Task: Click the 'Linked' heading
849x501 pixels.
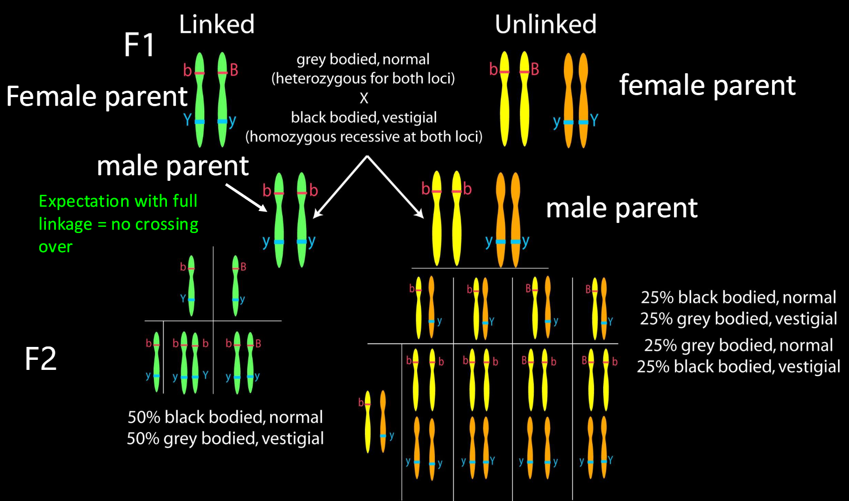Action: click(x=217, y=24)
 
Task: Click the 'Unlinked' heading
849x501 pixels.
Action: click(x=546, y=24)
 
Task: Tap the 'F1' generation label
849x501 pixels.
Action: click(x=139, y=45)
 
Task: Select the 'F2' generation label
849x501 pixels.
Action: click(x=41, y=359)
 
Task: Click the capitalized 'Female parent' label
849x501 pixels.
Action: click(x=97, y=96)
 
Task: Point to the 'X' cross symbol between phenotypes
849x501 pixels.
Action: click(x=364, y=98)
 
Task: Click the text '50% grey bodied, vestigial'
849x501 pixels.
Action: click(x=225, y=438)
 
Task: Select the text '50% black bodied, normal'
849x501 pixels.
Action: click(x=225, y=417)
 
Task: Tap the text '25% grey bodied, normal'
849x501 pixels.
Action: click(x=739, y=345)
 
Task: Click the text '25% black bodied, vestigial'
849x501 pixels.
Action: click(x=739, y=367)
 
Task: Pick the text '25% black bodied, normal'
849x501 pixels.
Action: click(x=739, y=297)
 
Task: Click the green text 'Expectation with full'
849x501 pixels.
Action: click(x=118, y=201)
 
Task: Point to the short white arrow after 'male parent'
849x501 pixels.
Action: click(x=246, y=197)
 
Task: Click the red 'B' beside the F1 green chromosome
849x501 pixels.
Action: click(x=234, y=70)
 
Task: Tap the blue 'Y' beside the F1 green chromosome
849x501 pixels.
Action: click(x=187, y=119)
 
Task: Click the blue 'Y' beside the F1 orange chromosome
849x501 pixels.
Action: click(x=594, y=120)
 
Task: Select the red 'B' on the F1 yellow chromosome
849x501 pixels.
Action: click(x=535, y=69)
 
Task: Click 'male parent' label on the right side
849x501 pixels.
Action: click(x=622, y=208)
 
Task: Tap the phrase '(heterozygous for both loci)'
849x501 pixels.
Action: click(x=363, y=78)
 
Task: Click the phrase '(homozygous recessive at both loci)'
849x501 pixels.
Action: click(x=364, y=137)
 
